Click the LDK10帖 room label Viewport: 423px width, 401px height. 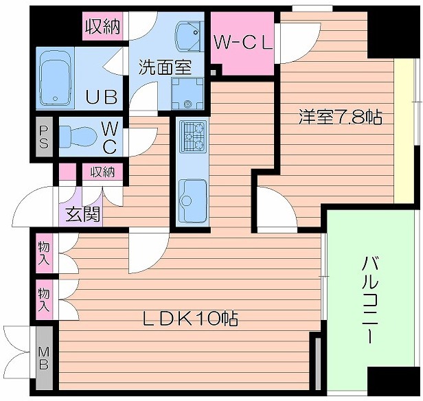click(190, 318)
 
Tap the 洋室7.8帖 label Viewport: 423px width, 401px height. click(340, 117)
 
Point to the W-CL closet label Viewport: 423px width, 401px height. click(243, 42)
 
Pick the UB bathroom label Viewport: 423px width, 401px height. click(101, 96)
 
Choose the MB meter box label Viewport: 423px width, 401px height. click(44, 358)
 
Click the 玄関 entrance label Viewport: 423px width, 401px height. click(82, 214)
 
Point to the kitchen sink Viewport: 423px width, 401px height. click(192, 194)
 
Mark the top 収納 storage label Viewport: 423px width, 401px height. click(102, 27)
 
